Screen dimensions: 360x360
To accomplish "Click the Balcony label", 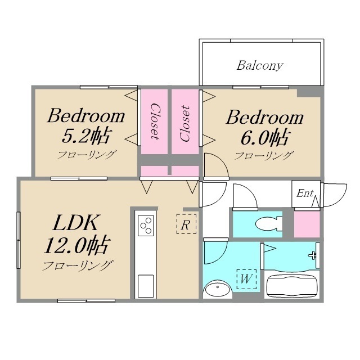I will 260,65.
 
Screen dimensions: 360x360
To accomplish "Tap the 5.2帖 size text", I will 86,136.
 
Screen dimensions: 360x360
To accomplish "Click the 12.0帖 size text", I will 76,246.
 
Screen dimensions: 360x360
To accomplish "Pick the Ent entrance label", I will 304,193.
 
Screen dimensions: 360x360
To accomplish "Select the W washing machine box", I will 246,278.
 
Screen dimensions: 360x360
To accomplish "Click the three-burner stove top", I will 146,225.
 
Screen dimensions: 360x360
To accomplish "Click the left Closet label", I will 154,121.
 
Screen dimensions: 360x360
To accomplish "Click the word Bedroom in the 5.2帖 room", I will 85,117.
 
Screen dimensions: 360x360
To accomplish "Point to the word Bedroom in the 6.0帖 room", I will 264,118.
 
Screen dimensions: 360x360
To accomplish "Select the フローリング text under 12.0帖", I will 78,266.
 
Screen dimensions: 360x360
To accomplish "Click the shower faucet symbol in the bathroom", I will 312,255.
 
